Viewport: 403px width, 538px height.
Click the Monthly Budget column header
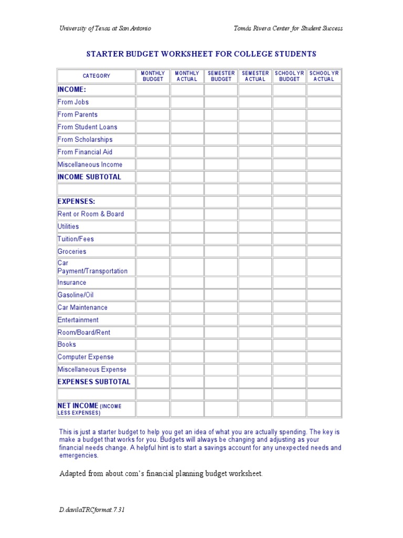[x=153, y=76]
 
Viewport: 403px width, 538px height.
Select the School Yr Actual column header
[x=324, y=76]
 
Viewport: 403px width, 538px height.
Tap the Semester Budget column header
[x=221, y=76]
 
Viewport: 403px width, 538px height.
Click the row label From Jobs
[x=73, y=102]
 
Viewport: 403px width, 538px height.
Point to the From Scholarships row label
[x=85, y=139]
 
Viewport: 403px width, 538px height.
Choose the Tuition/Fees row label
[x=76, y=239]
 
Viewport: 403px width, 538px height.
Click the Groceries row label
[x=72, y=252]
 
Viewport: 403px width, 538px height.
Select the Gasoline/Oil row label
[x=76, y=295]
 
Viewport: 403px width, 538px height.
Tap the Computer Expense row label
[x=86, y=357]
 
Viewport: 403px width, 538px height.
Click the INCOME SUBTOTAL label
[x=89, y=177]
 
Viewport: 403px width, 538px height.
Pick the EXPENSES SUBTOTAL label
[x=94, y=382]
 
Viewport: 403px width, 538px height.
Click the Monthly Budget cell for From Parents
[x=153, y=115]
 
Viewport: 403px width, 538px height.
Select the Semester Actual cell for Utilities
[x=255, y=226]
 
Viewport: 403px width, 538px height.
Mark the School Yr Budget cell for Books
[x=289, y=345]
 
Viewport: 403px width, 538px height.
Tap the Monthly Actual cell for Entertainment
[x=187, y=320]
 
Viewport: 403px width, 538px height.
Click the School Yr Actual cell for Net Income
[x=324, y=409]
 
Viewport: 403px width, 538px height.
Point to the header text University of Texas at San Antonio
[x=105, y=28]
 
